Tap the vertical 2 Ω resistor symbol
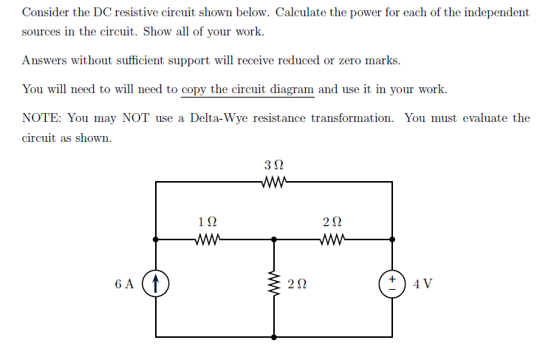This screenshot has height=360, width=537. [274, 285]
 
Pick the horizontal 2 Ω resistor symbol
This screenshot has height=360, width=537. [333, 240]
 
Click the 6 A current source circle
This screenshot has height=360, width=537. [156, 284]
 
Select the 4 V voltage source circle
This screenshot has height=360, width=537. [391, 284]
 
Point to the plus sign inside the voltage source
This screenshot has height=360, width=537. [391, 279]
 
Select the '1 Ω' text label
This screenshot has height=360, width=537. [208, 222]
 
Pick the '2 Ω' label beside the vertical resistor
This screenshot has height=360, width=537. [298, 285]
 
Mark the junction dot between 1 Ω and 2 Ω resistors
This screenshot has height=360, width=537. [274, 240]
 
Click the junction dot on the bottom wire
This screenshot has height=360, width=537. [274, 336]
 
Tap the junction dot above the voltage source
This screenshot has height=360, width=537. [391, 240]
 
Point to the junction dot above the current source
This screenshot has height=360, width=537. [156, 240]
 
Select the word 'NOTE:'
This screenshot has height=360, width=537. [41, 118]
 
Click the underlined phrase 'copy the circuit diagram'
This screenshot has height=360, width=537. [247, 89]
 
